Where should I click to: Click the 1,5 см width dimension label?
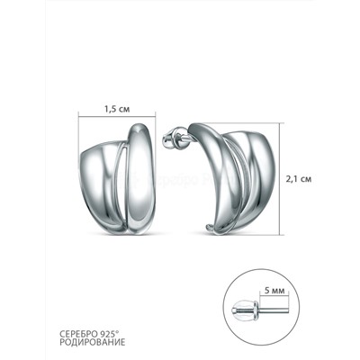click(x=117, y=109)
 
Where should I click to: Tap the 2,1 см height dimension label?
click(x=299, y=179)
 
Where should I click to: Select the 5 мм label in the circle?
click(x=274, y=291)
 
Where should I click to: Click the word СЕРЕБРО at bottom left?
click(x=78, y=334)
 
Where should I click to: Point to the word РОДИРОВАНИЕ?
click(x=93, y=343)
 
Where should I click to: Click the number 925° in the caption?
click(x=110, y=334)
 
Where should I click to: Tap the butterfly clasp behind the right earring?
click(x=170, y=138)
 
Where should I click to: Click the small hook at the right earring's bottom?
click(x=210, y=229)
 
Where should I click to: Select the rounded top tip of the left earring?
click(x=139, y=124)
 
